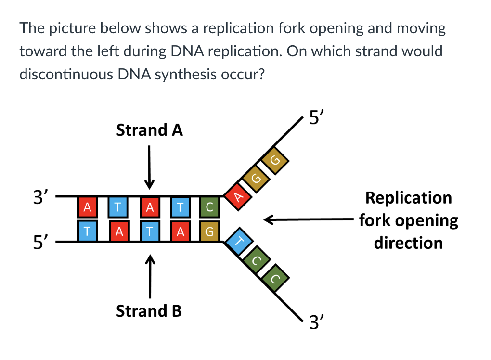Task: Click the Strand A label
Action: click(x=149, y=130)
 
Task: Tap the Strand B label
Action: click(x=149, y=311)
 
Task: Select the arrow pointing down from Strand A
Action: click(x=149, y=167)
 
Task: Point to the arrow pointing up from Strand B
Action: click(x=150, y=276)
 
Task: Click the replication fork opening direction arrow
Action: click(x=309, y=219)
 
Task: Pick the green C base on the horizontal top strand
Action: click(x=209, y=207)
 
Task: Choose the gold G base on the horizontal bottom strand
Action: click(x=209, y=231)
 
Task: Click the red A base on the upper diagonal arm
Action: click(x=238, y=196)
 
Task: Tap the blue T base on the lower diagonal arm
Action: click(x=239, y=242)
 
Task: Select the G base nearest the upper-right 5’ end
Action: click(x=274, y=160)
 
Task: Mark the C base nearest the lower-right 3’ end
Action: click(x=275, y=278)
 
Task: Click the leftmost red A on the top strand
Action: click(x=87, y=207)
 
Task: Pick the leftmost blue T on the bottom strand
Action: click(x=87, y=231)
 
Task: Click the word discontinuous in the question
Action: click(x=66, y=75)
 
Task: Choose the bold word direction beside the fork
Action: click(x=408, y=243)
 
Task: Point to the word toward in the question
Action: click(x=42, y=51)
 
